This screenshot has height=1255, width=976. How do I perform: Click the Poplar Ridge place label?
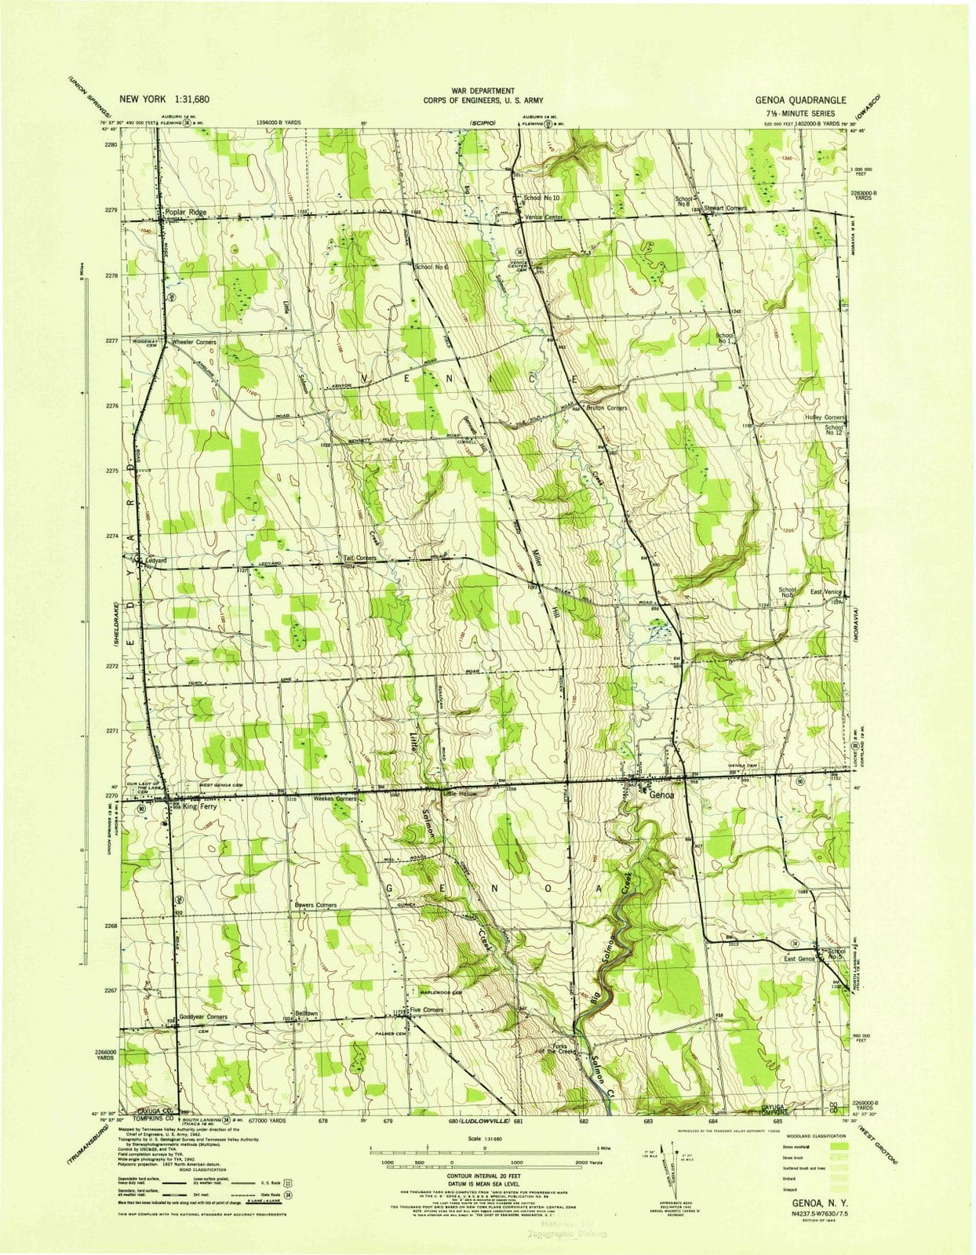coord(185,212)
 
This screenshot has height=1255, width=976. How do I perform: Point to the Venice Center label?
coord(545,216)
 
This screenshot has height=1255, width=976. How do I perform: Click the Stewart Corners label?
coord(725,208)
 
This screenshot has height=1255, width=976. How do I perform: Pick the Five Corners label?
coord(428,1009)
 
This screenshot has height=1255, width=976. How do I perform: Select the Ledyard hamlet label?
coord(158,562)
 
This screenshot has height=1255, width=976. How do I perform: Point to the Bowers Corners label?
coord(315,905)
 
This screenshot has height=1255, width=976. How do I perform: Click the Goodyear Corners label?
coord(203,1017)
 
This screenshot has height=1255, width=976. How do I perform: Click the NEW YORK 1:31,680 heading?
coord(164,100)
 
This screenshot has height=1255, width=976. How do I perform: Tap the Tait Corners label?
coord(359,558)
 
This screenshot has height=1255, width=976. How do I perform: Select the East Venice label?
coord(827,592)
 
